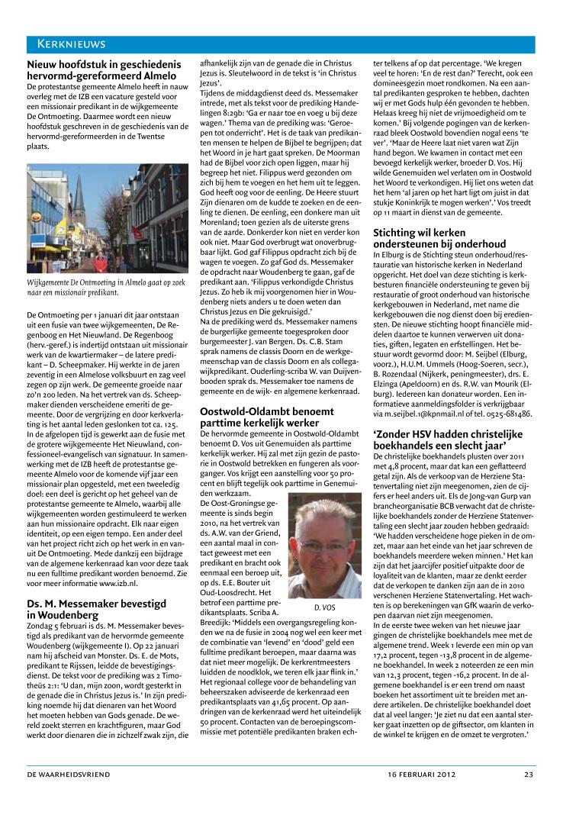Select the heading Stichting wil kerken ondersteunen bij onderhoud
coord(440,237)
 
